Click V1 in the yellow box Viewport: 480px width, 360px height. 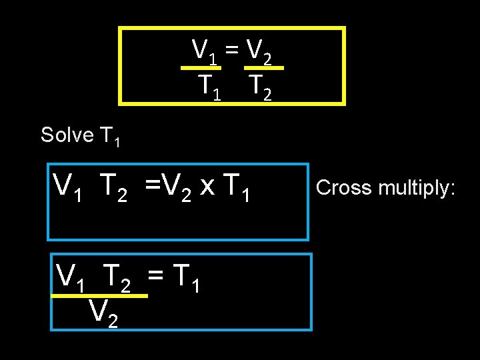204,50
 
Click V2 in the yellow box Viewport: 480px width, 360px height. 258,50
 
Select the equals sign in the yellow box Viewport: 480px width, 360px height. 231,49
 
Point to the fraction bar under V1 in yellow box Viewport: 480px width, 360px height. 202,67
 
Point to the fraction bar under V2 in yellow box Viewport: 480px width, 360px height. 263,67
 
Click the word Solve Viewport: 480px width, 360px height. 67,135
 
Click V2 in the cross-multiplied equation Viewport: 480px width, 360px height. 175,187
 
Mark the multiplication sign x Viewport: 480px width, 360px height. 207,187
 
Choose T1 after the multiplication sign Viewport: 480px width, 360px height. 237,187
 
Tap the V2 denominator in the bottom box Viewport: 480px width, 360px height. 103,313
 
